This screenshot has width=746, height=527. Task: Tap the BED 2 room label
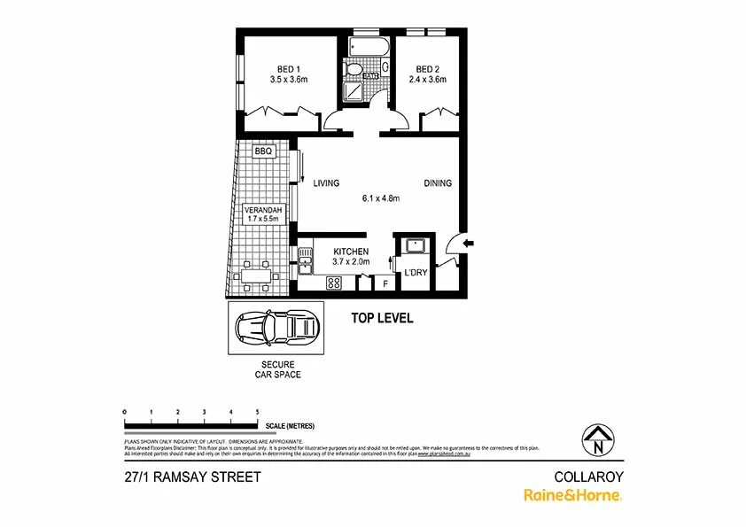click(427, 69)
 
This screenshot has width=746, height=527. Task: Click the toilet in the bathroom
click(354, 68)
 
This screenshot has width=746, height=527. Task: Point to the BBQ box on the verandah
click(263, 151)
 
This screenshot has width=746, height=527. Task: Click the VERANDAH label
click(262, 211)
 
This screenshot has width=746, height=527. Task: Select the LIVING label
click(326, 183)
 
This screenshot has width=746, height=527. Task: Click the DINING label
click(438, 183)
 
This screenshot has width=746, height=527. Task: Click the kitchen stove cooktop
click(334, 283)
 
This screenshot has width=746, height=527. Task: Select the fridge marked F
click(385, 283)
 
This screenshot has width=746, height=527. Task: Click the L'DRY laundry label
click(416, 273)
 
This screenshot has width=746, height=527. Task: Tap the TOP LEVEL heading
click(382, 318)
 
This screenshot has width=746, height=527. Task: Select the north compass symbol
click(600, 438)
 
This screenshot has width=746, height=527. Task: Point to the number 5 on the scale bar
click(257, 413)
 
